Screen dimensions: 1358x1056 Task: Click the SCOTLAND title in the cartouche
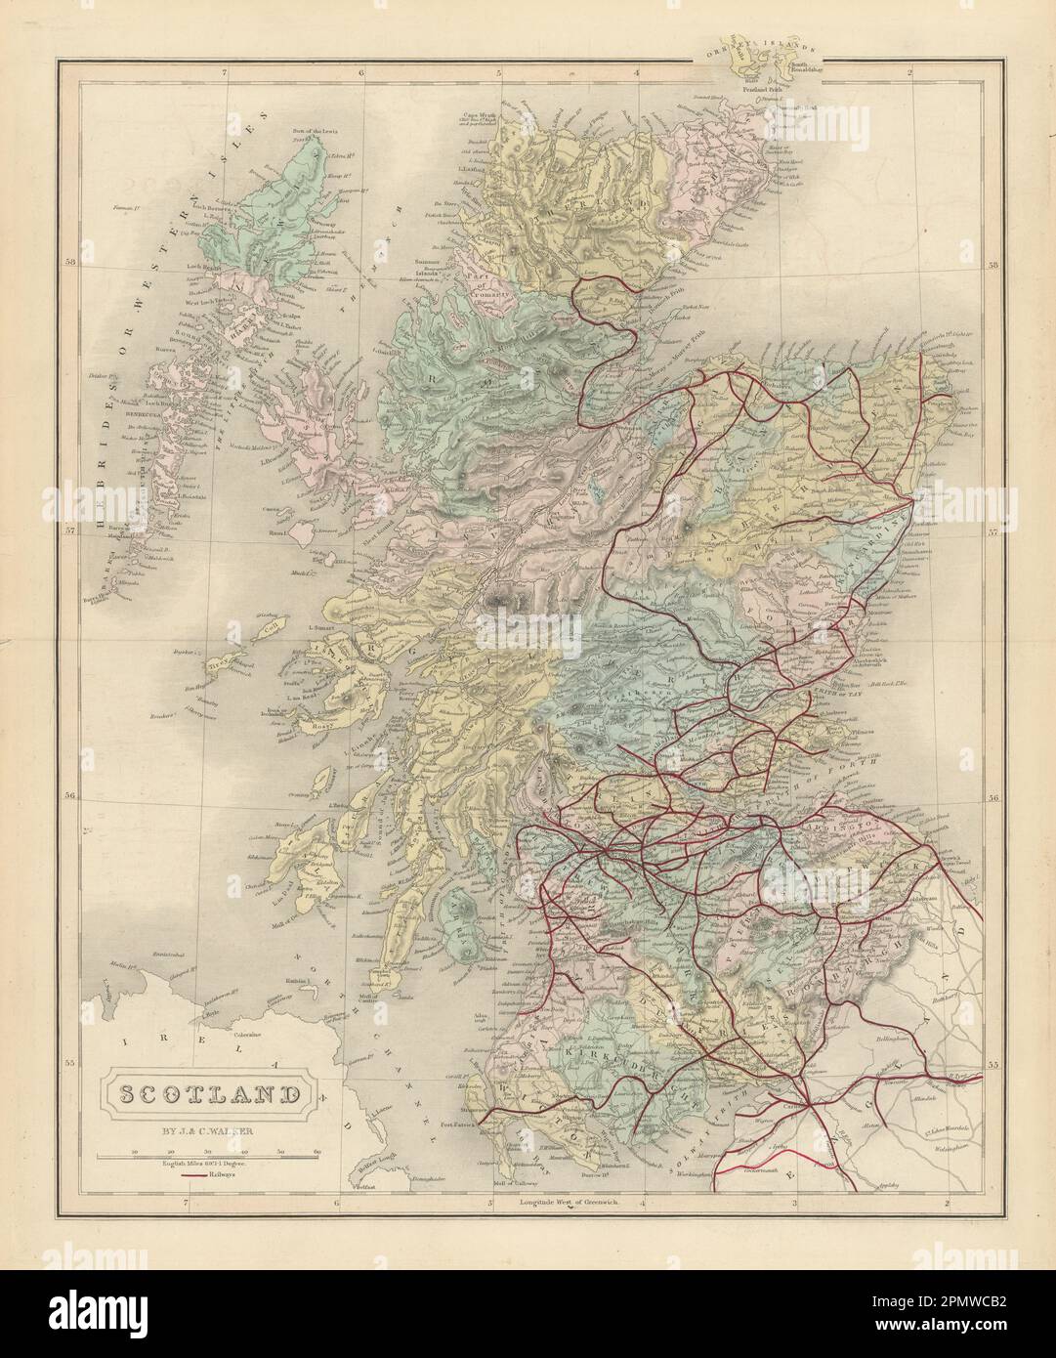(207, 1092)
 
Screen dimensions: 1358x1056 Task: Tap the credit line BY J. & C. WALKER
(207, 1134)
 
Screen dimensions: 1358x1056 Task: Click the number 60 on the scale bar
(317, 1153)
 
